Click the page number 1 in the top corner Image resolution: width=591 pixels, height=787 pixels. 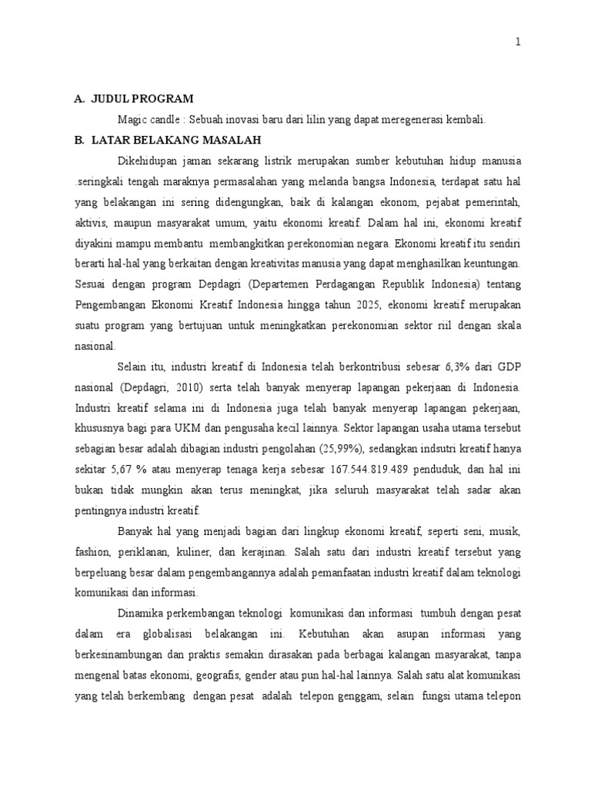point(518,43)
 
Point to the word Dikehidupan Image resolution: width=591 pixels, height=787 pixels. point(147,161)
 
